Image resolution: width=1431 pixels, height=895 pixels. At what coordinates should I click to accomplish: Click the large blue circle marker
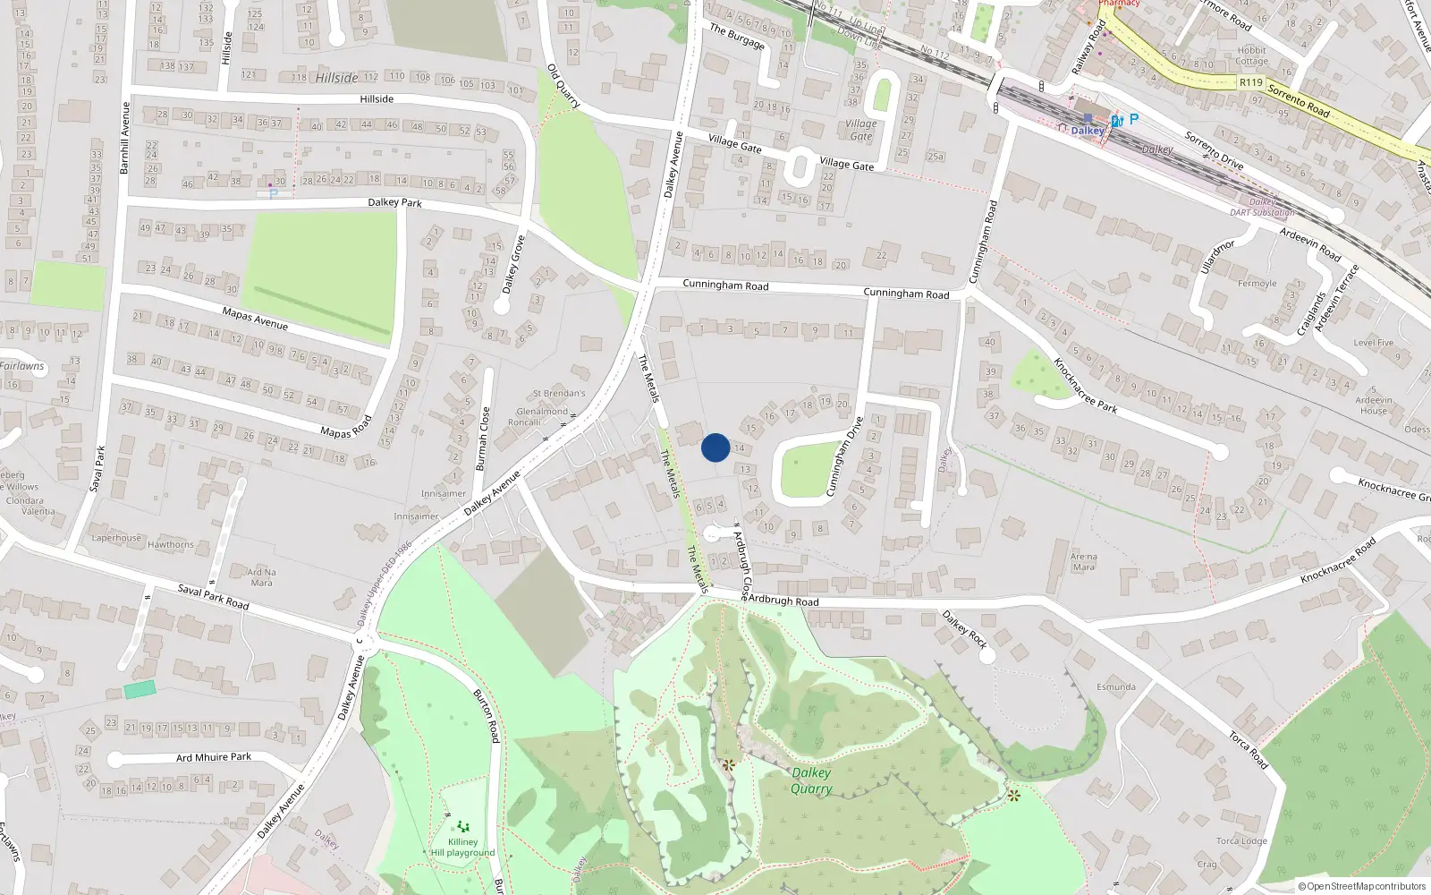click(x=715, y=447)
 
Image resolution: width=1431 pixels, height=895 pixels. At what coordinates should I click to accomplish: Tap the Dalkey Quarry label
click(x=811, y=780)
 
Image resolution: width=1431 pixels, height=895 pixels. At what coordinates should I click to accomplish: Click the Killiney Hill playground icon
click(x=462, y=826)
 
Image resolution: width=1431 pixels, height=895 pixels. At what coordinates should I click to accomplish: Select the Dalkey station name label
click(x=1088, y=131)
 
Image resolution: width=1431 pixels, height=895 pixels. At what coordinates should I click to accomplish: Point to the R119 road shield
click(x=1250, y=82)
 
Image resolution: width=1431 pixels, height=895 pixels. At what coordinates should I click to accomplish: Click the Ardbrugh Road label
click(x=783, y=600)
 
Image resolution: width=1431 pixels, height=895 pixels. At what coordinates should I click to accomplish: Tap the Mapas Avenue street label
click(x=255, y=318)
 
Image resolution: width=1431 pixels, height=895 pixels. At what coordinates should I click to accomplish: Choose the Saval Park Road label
click(x=213, y=596)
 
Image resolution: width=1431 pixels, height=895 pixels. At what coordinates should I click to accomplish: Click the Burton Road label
click(x=487, y=716)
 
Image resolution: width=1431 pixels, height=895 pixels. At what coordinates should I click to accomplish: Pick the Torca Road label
click(x=1248, y=750)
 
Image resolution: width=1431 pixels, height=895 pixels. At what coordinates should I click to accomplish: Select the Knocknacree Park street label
click(x=1085, y=385)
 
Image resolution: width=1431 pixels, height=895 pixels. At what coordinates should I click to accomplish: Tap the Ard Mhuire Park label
click(x=214, y=757)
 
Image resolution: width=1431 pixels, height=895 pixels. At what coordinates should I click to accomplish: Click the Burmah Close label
click(x=484, y=439)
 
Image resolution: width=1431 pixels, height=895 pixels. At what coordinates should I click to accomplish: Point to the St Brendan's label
click(x=559, y=393)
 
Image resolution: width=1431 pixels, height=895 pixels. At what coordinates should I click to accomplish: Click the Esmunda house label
click(x=1115, y=687)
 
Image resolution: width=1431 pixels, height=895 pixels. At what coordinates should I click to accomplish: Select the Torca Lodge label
click(x=1241, y=841)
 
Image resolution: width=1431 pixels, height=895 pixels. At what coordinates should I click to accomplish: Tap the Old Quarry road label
click(x=563, y=86)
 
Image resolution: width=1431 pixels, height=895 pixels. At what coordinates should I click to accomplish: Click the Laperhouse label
click(x=116, y=538)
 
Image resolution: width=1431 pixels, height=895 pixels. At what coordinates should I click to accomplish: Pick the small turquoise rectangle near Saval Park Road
click(x=140, y=689)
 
